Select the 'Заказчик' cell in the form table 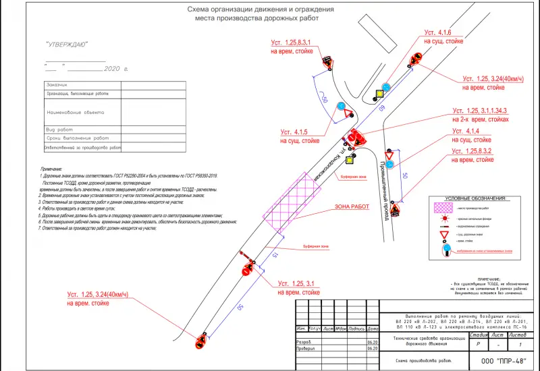click(57, 85)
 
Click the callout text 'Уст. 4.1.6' click(437, 32)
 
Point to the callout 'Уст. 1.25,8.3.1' click(293, 42)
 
